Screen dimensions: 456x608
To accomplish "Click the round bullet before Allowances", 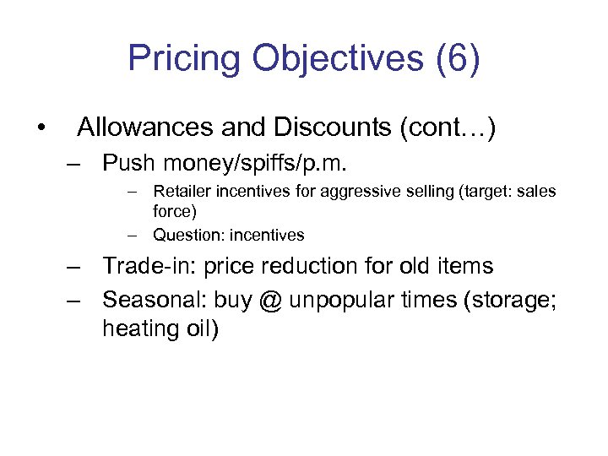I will [x=40, y=128].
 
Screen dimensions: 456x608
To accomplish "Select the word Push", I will [x=128, y=162].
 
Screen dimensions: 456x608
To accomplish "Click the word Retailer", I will [x=182, y=192].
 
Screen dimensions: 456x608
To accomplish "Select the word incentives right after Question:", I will [x=263, y=235].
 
